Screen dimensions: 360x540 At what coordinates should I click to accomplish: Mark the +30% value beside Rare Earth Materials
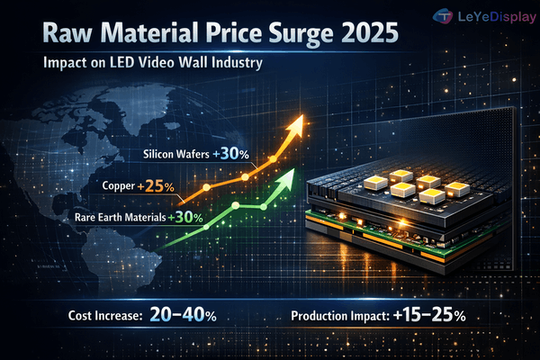pos(187,217)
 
